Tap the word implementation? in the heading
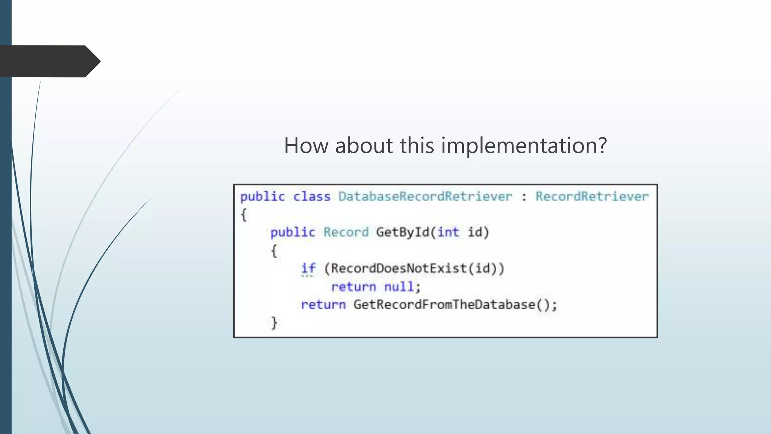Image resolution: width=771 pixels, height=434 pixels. point(524,145)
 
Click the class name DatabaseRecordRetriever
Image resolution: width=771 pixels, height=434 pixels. point(425,196)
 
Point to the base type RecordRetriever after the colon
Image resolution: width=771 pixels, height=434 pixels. point(592,196)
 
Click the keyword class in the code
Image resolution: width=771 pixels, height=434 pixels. point(312,196)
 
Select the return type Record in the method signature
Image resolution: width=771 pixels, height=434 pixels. point(346,232)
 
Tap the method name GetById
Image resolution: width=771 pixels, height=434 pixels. point(403,232)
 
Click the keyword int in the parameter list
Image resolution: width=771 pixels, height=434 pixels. point(448,232)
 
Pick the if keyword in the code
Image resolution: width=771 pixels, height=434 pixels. point(308,268)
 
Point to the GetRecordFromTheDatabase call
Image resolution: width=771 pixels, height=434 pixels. point(444,304)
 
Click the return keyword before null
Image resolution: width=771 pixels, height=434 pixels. point(354,287)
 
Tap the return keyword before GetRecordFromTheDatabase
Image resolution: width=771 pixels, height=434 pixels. point(323,304)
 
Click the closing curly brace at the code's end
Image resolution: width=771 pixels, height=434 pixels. point(274,323)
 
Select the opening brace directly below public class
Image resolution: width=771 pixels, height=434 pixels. point(244,215)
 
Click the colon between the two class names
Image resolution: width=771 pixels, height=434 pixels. point(524,197)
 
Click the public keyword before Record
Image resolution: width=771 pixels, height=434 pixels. point(293,232)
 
